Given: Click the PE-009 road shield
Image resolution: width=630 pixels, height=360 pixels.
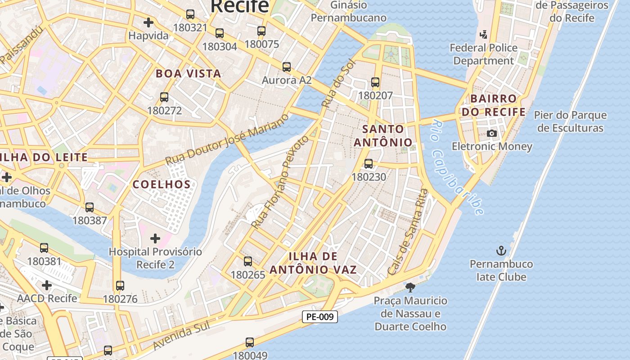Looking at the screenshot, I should coord(319,317).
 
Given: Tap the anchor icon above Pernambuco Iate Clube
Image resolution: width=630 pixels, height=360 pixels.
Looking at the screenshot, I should coord(501,251).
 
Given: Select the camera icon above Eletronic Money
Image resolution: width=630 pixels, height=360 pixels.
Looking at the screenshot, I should coord(492,134).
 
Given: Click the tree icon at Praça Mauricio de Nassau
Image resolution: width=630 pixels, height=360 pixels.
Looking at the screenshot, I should coord(410,287).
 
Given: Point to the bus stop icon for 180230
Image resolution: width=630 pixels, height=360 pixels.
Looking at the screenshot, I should coord(369,164).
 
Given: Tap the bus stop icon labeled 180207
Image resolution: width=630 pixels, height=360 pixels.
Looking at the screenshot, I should coord(375,82).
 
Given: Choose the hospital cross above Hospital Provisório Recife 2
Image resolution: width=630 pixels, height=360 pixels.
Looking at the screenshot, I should coord(155,238).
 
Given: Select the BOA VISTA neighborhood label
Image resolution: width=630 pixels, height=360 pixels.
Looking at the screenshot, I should coord(188,74).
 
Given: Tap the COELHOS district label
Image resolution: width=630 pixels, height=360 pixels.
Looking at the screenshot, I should coord(162,184).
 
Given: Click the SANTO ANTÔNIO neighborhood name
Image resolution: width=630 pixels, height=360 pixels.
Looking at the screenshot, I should coord(383,136).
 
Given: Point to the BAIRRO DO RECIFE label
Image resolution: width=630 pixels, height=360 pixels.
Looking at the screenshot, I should coord(494,105).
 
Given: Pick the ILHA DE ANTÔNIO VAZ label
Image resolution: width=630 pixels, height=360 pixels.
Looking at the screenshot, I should coord(313,263).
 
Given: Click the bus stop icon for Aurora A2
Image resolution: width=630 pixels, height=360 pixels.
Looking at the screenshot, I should coord(287,67).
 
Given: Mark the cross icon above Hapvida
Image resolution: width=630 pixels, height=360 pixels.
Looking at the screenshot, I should coord(148,22).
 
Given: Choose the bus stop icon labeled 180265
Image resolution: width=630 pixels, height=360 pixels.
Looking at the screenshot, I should coord(247,261).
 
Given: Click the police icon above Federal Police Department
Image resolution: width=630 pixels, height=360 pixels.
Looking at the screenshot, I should coord(484,34).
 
